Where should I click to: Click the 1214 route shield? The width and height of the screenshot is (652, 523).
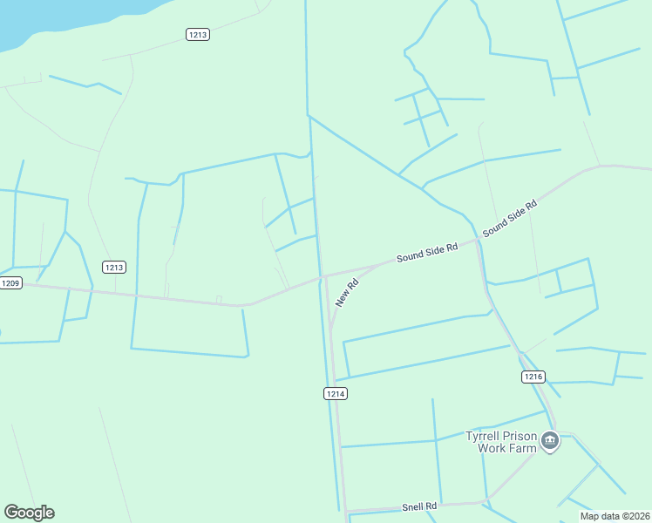(336, 394)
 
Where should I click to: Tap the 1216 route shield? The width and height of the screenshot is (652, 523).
(533, 377)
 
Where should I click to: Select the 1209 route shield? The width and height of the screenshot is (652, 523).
(10, 283)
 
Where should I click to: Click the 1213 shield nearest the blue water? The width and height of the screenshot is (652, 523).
(198, 34)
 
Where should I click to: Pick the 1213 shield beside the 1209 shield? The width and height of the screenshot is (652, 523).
(113, 267)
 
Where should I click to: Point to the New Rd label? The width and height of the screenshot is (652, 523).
(347, 292)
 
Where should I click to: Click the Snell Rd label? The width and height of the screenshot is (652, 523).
(418, 506)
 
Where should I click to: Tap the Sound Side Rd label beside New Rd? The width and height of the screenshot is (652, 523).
(426, 253)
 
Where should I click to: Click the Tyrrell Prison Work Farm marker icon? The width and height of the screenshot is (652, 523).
(549, 441)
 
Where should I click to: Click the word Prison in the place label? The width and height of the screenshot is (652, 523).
(523, 436)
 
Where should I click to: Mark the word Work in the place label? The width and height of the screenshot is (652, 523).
(491, 448)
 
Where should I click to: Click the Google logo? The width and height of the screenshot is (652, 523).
(29, 513)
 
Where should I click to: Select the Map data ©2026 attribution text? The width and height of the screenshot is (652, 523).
(615, 516)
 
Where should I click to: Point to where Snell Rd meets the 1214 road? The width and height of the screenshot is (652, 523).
(345, 511)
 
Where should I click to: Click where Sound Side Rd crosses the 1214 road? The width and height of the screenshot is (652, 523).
(322, 276)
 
